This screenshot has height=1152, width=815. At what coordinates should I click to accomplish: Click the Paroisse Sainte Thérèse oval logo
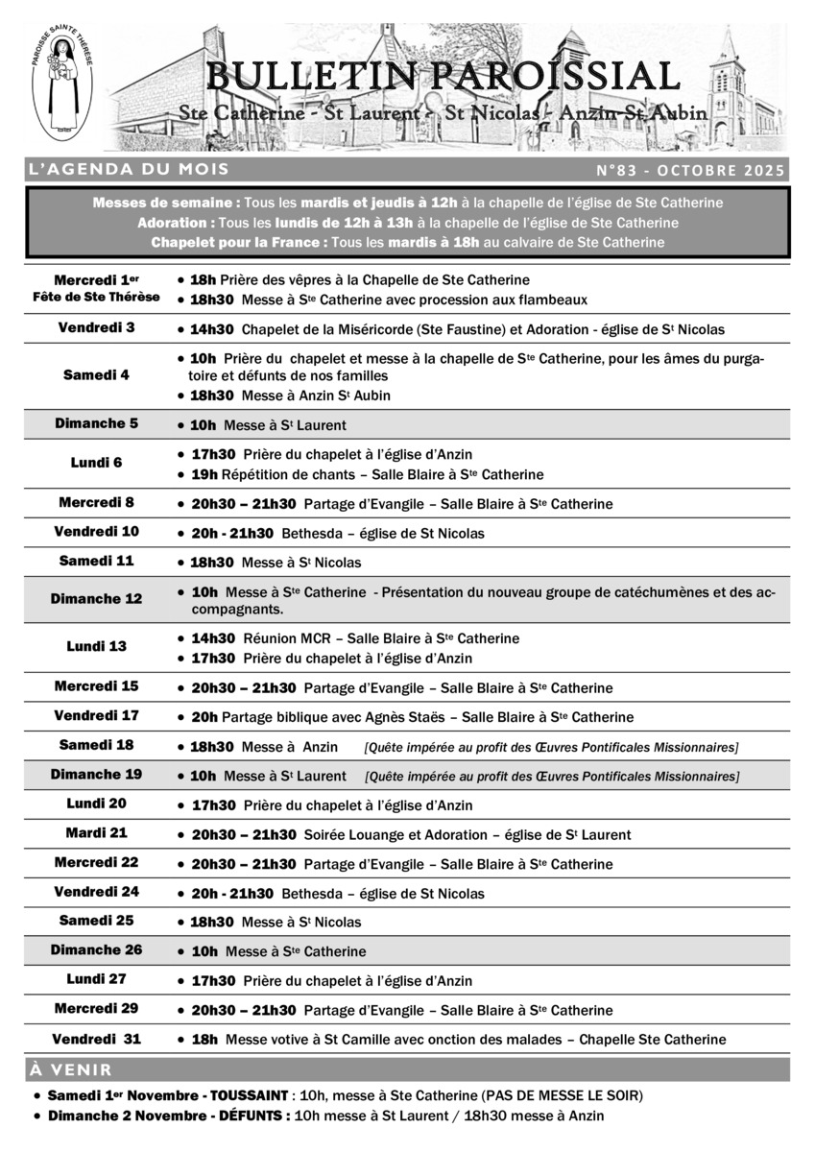pos(63,87)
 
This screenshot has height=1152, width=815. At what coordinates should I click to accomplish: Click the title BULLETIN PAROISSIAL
pos(443,76)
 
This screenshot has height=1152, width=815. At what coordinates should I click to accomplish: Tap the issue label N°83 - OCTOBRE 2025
pos(690,171)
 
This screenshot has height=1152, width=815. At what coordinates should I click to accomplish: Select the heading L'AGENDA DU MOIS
pos(129,170)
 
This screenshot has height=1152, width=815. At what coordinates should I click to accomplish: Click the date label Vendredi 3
pos(97,327)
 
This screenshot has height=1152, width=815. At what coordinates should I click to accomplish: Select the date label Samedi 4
pos(97,375)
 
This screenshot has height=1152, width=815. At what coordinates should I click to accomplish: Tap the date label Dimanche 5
pos(97,423)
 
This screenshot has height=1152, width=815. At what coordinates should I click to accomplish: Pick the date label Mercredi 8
pos(97,502)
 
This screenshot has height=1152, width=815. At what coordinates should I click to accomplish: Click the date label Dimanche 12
pos(97,599)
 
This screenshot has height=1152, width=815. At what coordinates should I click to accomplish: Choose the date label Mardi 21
pos(97,833)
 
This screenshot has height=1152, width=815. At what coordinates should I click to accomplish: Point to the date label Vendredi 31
pos(97,1039)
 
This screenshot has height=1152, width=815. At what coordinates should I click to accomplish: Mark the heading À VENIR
pos(71,1069)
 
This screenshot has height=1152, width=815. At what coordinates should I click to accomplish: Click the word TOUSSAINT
pos(250,1095)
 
